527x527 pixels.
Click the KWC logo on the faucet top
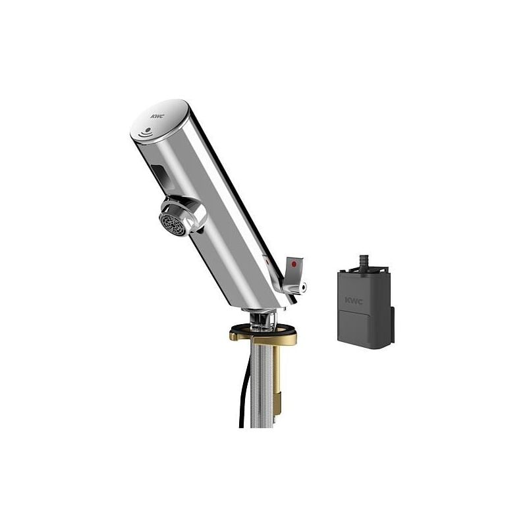tap(157, 117)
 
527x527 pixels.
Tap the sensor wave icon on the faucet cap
tap(146, 132)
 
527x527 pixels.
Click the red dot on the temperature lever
tap(294, 264)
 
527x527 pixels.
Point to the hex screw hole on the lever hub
tap(303, 287)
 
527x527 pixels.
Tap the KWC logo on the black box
tap(354, 301)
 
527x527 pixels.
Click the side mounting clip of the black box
tap(391, 325)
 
